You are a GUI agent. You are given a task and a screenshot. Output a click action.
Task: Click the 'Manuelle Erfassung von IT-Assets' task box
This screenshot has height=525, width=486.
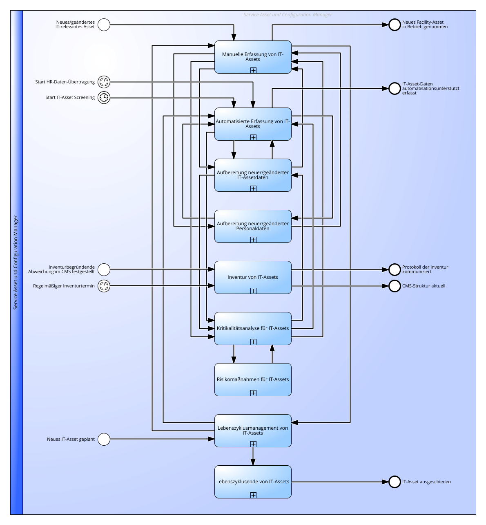click(253, 57)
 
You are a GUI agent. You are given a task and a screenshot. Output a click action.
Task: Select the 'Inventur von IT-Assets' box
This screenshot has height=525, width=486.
click(253, 277)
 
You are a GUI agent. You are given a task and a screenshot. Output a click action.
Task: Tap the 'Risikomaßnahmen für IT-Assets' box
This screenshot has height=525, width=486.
click(253, 379)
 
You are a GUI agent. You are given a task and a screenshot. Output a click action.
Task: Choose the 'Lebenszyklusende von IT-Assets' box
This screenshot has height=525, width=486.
click(253, 482)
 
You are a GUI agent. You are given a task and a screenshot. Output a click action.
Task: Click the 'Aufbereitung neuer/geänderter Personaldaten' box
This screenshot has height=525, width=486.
click(253, 226)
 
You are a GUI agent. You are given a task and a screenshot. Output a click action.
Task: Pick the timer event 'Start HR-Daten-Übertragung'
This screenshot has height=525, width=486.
click(104, 82)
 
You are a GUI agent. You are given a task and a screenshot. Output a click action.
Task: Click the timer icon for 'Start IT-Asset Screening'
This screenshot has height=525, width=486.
click(104, 98)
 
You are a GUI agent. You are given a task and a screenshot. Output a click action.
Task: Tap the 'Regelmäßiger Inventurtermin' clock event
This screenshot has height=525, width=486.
click(104, 286)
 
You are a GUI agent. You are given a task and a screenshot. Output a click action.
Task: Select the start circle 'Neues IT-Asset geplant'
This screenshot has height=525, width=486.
click(104, 440)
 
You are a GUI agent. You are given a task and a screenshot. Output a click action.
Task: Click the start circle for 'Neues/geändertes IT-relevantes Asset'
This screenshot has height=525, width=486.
click(104, 25)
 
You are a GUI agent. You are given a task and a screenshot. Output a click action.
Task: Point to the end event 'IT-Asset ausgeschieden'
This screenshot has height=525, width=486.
click(395, 482)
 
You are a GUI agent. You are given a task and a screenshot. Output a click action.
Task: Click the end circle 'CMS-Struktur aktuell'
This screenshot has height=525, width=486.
click(395, 286)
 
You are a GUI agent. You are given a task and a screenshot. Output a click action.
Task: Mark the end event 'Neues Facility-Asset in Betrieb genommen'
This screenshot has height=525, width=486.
click(395, 25)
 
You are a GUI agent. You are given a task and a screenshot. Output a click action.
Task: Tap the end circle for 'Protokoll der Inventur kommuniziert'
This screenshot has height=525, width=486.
click(395, 269)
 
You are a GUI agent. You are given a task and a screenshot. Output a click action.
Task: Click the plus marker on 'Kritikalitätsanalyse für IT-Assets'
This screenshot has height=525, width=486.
click(253, 342)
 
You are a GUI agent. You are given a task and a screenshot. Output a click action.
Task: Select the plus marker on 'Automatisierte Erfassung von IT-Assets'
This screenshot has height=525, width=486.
click(253, 137)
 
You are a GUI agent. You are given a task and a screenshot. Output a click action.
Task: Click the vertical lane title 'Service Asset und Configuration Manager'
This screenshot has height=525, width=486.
click(16, 262)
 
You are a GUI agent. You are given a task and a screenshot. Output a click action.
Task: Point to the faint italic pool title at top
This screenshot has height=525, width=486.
click(288, 15)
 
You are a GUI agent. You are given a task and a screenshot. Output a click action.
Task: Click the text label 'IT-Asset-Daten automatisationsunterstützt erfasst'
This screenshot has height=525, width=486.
click(430, 88)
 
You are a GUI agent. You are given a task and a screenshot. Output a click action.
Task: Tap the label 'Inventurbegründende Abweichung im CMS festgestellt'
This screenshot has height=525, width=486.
click(61, 269)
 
